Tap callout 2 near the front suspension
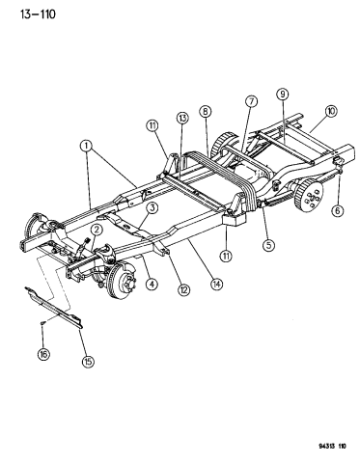tap(97, 229)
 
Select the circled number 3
tap(152, 207)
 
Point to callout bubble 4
tap(151, 284)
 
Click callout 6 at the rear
tap(338, 211)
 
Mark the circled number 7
tap(250, 101)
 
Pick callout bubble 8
tap(206, 111)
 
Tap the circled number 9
tap(283, 94)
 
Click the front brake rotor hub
tap(122, 282)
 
